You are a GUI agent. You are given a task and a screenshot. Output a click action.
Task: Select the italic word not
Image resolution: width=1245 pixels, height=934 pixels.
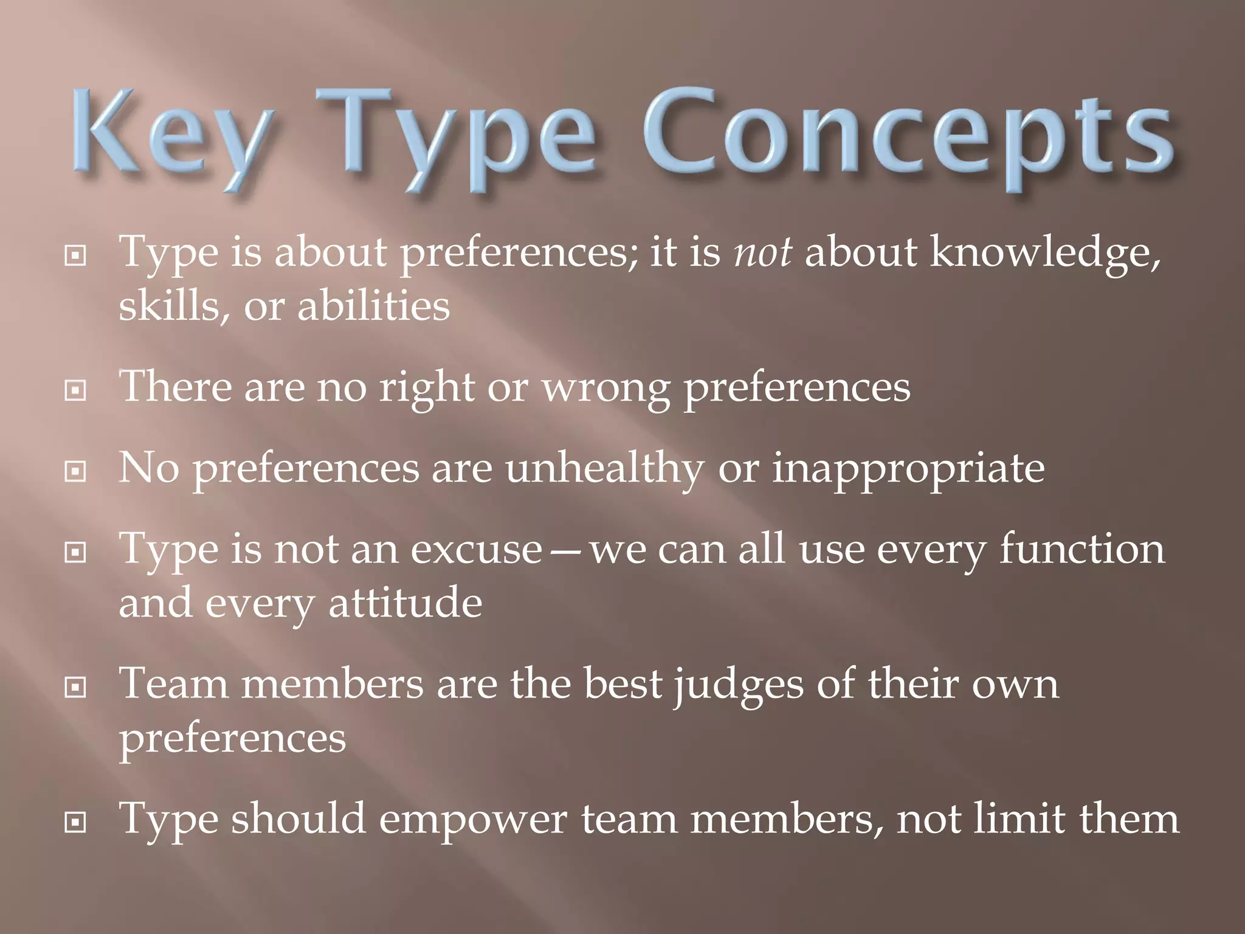click(x=764, y=252)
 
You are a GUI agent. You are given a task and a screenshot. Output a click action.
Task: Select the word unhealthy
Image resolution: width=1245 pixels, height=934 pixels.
click(x=604, y=469)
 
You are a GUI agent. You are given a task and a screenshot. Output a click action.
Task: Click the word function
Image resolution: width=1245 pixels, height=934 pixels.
click(x=1082, y=549)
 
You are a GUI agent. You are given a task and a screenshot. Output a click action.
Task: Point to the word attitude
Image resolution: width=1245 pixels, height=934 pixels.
click(x=405, y=604)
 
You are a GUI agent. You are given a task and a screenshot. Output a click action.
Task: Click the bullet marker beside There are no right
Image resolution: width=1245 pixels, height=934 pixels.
click(x=75, y=390)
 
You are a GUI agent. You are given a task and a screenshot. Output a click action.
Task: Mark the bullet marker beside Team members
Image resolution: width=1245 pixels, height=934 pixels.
click(x=75, y=687)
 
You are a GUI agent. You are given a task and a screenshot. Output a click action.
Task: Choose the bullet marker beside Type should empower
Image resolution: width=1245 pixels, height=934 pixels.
click(x=75, y=823)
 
